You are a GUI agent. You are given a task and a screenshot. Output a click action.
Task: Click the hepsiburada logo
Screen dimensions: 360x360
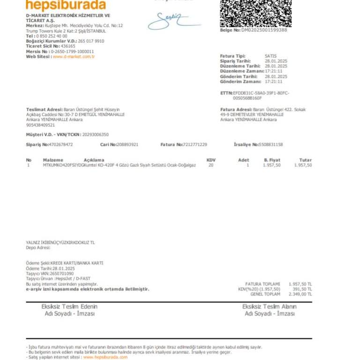pyautogui.click(x=66, y=5)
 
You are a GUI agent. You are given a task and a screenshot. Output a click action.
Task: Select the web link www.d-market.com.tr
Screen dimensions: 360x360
pyautogui.click(x=74, y=57)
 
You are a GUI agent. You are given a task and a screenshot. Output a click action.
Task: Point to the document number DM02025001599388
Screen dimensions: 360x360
pyautogui.click(x=264, y=30)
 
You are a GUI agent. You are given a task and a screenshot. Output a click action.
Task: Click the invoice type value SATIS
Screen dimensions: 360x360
pyautogui.click(x=270, y=56)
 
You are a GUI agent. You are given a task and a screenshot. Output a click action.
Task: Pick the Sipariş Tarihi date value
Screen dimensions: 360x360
pyautogui.click(x=276, y=61)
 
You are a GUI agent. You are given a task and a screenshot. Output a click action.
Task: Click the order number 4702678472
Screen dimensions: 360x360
pyautogui.click(x=61, y=144)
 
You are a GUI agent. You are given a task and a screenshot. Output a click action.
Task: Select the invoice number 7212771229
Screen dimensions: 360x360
pyautogui.click(x=195, y=144)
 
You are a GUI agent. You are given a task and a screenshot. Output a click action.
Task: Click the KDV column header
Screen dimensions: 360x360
pyautogui.click(x=211, y=160)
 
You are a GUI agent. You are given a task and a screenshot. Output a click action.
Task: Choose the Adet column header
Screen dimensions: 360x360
pyautogui.click(x=243, y=160)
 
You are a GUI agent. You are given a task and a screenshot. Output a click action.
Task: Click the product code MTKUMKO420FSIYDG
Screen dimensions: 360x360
pyautogui.click(x=63, y=165)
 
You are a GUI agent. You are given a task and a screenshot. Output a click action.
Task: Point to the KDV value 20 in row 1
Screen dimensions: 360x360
pyautogui.click(x=211, y=165)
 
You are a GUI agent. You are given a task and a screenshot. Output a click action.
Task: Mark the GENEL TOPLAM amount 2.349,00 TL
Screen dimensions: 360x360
pyautogui.click(x=300, y=294)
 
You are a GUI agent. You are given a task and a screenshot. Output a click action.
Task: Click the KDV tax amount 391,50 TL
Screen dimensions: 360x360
pyautogui.click(x=302, y=289)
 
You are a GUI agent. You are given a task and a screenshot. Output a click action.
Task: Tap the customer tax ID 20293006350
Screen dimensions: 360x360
pyautogui.click(x=95, y=135)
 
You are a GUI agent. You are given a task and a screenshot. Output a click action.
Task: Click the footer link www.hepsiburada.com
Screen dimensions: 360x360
pyautogui.click(x=105, y=357)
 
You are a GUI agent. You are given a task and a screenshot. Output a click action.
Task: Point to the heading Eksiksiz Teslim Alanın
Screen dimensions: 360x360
pyautogui.click(x=269, y=307)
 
